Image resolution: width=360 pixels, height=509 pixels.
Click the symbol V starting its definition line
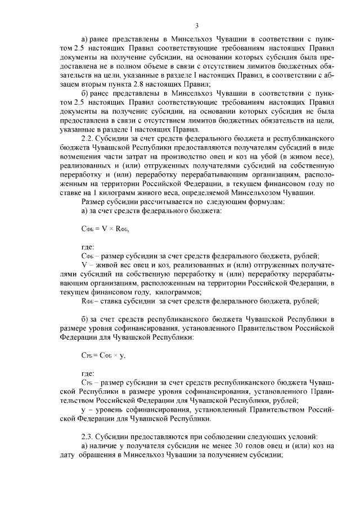tap(84, 264)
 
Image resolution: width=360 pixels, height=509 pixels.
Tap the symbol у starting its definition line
tap(83, 410)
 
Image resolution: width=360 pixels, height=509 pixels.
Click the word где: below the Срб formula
tap(88, 373)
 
